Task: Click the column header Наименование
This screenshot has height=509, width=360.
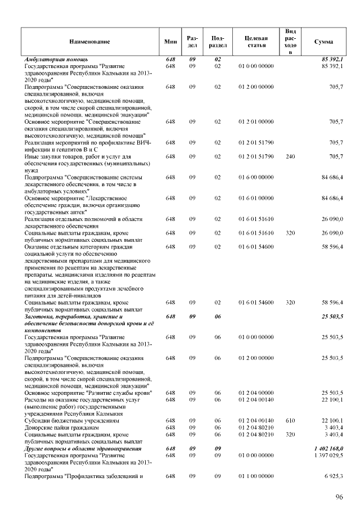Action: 89,42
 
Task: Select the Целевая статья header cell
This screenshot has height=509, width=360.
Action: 256,42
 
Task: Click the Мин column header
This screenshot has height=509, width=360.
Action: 170,42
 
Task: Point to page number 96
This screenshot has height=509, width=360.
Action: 339,497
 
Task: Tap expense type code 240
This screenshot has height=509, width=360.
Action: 290,156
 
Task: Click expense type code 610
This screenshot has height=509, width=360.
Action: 290,420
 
